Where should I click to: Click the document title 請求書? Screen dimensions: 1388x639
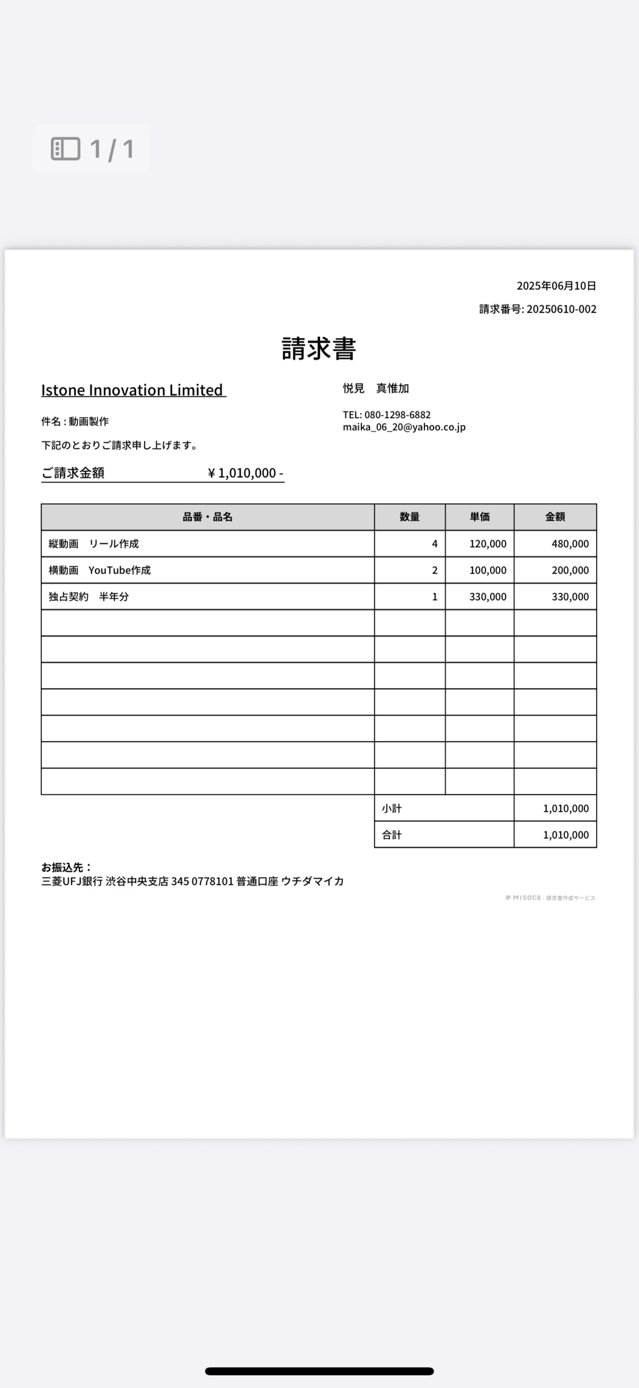[x=319, y=349]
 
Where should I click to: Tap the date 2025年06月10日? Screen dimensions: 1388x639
[x=556, y=286]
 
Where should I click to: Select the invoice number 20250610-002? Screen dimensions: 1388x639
[x=561, y=309]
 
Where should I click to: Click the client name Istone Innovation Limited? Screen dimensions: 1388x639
[x=133, y=390]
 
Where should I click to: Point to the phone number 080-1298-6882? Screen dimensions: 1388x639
[x=397, y=415]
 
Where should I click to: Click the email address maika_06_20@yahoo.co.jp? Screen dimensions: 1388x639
[x=404, y=427]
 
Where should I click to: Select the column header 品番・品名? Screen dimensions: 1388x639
[x=208, y=517]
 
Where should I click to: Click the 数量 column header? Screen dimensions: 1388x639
[x=409, y=517]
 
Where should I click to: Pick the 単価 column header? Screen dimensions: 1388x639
[x=479, y=517]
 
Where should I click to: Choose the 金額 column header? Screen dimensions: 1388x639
[x=555, y=517]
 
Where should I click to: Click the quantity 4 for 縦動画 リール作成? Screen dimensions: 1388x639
[x=434, y=544]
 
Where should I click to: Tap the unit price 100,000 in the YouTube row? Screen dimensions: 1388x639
[x=487, y=570]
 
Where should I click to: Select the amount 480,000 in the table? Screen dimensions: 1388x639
[x=570, y=544]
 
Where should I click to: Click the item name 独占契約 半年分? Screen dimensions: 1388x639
[x=88, y=596]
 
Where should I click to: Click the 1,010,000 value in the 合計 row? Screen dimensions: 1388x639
[x=565, y=834]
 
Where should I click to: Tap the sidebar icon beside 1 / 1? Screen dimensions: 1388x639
[x=65, y=149]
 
